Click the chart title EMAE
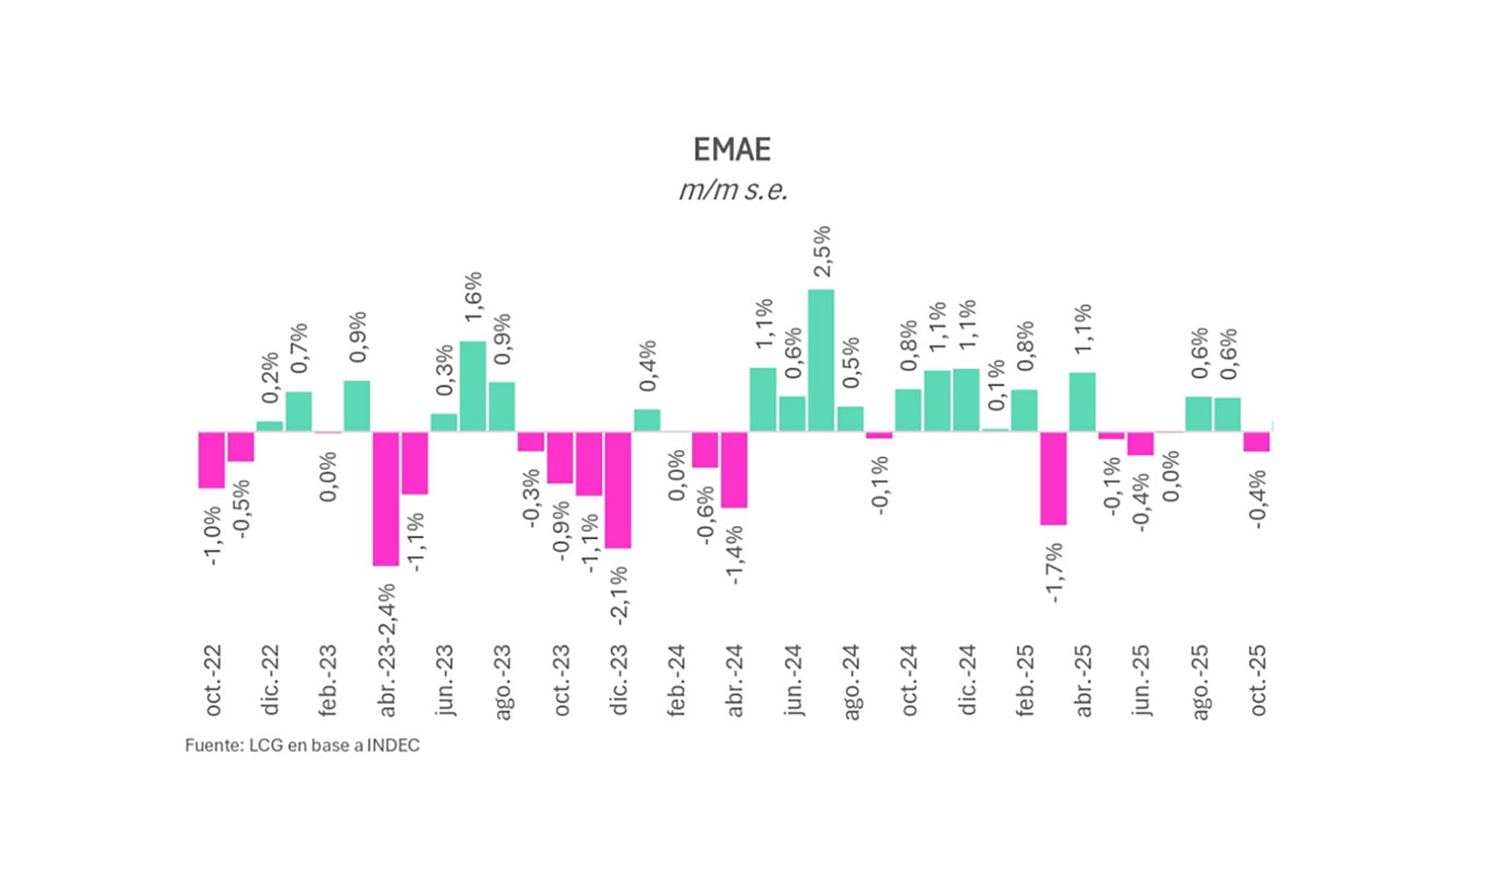pyautogui.click(x=732, y=149)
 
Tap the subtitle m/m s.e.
pyautogui.click(x=733, y=190)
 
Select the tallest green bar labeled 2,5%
pyautogui.click(x=821, y=360)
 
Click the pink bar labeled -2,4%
pyautogui.click(x=386, y=499)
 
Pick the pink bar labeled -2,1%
pyautogui.click(x=617, y=490)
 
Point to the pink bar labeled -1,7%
pyautogui.click(x=1053, y=478)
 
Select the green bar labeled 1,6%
pyautogui.click(x=473, y=386)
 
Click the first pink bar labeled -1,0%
pyautogui.click(x=211, y=460)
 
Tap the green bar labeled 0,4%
pyautogui.click(x=647, y=420)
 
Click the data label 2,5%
pyautogui.click(x=822, y=251)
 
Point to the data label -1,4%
pyautogui.click(x=734, y=554)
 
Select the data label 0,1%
pyautogui.click(x=996, y=385)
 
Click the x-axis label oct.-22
pyautogui.click(x=213, y=680)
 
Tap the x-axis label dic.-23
pyautogui.click(x=619, y=680)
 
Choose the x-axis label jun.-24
pyautogui.click(x=793, y=680)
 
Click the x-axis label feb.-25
pyautogui.click(x=1025, y=680)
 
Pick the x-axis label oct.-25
pyautogui.click(x=1257, y=680)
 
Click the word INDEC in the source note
pyautogui.click(x=393, y=746)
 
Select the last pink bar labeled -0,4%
pyautogui.click(x=1256, y=442)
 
